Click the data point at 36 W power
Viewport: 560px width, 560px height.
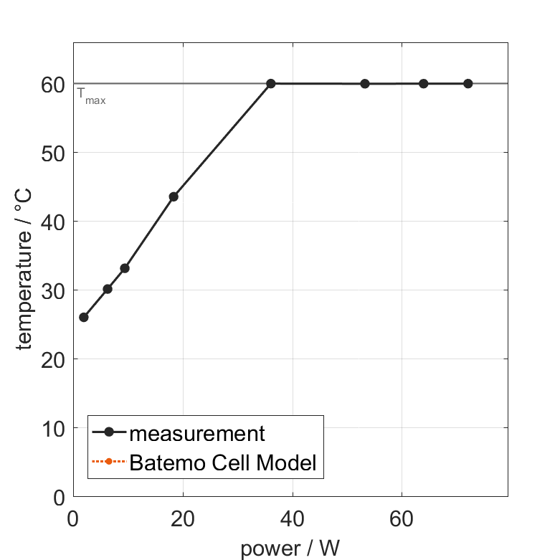[x=271, y=84]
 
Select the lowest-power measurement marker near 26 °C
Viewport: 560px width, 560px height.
[x=84, y=317]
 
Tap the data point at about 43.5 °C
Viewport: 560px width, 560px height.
[x=174, y=196]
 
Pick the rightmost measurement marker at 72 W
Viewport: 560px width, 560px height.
[x=468, y=84]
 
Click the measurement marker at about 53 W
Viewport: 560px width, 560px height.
[x=365, y=84]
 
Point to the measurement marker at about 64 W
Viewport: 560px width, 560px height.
[x=424, y=84]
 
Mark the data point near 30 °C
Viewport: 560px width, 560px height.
[x=108, y=289]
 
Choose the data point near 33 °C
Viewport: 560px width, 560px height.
[x=125, y=268]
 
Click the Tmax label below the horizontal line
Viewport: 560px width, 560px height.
[x=92, y=96]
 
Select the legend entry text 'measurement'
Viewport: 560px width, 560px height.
[x=197, y=433]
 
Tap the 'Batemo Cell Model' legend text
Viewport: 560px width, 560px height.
[x=223, y=462]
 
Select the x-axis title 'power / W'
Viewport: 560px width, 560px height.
[x=290, y=549]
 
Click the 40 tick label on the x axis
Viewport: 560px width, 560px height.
[x=292, y=517]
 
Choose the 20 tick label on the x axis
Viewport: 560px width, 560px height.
[x=183, y=517]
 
